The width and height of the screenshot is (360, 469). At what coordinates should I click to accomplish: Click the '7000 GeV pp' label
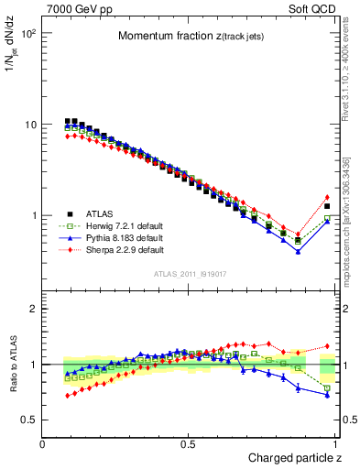coord(76,8)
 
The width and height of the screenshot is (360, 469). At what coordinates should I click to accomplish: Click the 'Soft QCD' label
coord(314,8)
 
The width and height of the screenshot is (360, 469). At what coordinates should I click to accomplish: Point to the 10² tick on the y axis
coord(28,33)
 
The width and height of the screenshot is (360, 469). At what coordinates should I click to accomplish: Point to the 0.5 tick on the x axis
coord(189,444)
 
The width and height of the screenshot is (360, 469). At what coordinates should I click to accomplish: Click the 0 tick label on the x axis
coord(43,444)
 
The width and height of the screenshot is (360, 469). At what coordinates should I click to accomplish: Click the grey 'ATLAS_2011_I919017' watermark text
coord(189,273)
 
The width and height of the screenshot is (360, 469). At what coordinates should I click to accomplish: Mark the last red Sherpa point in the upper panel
coord(327,197)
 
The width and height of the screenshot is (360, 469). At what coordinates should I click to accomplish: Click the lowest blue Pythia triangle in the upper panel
coord(298,251)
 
